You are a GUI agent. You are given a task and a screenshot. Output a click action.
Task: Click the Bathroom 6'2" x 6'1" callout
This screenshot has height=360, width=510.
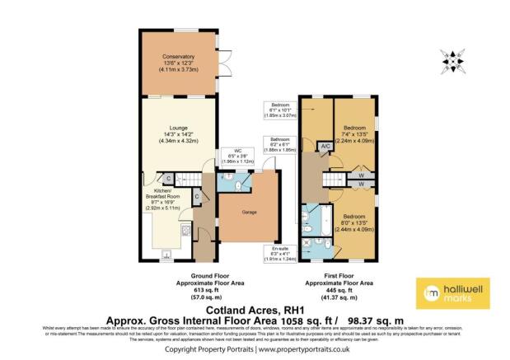point(278,144)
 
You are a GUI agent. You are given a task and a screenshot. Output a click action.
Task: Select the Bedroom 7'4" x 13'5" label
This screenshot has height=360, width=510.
point(355,134)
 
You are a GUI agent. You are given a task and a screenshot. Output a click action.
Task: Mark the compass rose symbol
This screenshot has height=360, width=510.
point(452,60)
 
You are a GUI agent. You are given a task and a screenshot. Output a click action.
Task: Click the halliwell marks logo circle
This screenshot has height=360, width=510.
point(430,295)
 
